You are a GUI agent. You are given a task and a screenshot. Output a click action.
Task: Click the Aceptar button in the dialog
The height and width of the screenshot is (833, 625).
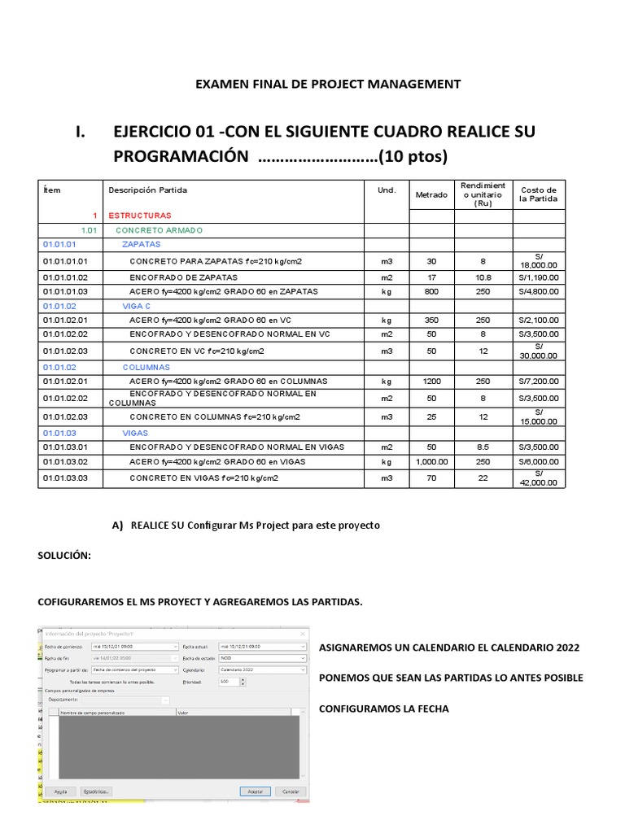(x=255, y=791)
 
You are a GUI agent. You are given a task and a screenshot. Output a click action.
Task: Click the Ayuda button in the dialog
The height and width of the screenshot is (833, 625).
(x=60, y=791)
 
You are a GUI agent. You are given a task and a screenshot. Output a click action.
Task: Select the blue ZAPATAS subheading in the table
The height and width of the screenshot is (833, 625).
(x=141, y=244)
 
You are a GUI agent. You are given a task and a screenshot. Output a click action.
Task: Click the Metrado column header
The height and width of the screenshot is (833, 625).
(x=431, y=194)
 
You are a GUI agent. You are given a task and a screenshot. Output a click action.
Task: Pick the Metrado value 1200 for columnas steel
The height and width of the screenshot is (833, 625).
(x=431, y=382)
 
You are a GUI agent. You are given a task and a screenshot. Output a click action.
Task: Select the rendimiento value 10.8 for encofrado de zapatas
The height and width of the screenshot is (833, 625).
(x=483, y=277)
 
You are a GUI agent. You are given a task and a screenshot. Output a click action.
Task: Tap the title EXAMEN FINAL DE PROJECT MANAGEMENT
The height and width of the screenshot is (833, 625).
(x=329, y=84)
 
